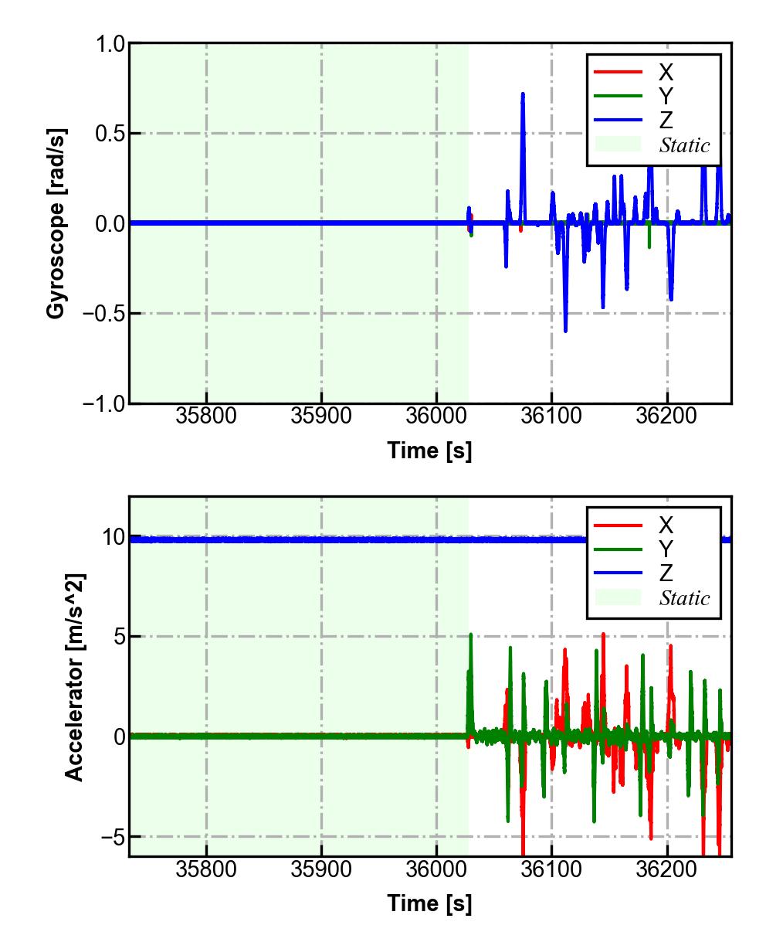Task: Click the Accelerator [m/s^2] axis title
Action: point(74,677)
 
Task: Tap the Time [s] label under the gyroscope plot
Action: point(429,451)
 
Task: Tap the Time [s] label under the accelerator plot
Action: point(429,903)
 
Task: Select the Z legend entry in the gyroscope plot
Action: point(666,120)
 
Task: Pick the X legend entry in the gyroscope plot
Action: point(666,73)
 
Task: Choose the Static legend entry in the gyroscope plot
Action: point(684,145)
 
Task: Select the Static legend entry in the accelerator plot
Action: point(684,598)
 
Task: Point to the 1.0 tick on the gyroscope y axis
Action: point(110,44)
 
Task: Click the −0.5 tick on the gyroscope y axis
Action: point(104,314)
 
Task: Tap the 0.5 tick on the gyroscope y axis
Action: point(110,134)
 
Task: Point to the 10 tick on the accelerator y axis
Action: point(113,537)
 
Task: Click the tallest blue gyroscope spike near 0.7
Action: point(523,95)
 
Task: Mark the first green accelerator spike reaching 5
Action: point(470,635)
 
